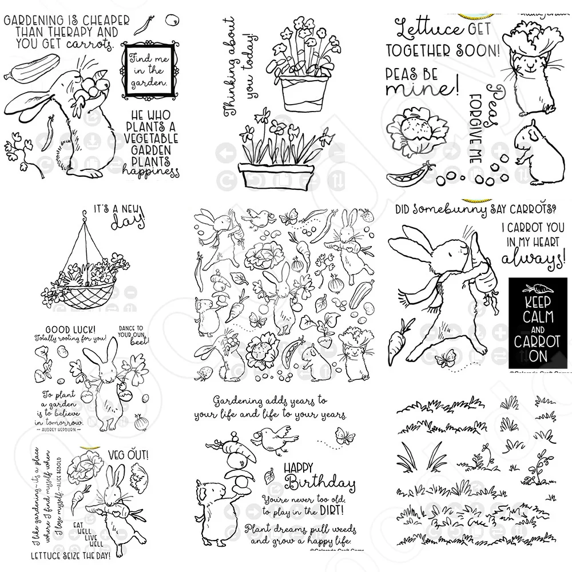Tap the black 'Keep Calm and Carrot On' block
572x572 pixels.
click(537, 323)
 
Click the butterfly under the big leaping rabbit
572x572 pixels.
click(444, 360)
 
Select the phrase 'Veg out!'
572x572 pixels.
click(128, 455)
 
